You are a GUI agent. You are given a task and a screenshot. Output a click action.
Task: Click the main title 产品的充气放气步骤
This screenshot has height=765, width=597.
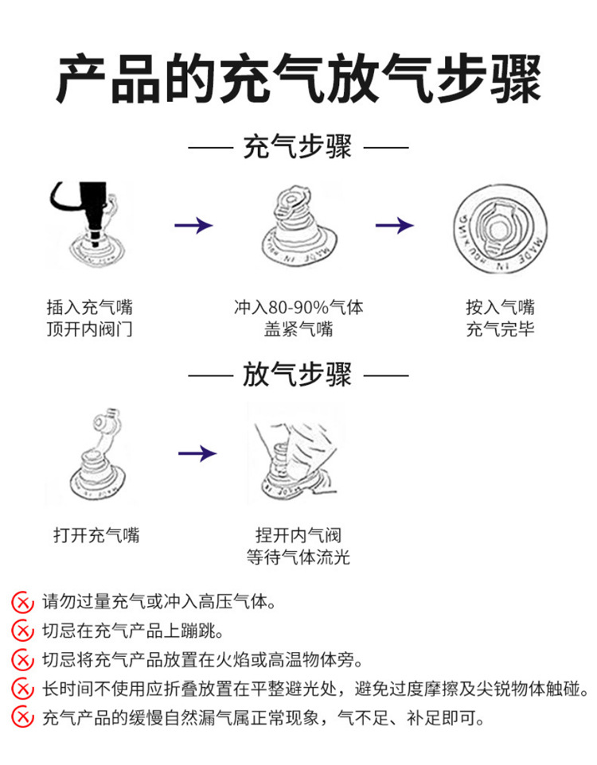point(298,78)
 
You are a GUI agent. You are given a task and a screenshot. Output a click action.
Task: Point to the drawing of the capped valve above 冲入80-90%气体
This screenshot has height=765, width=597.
point(296,226)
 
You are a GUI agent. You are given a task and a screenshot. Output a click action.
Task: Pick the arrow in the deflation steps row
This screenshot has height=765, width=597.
point(197,454)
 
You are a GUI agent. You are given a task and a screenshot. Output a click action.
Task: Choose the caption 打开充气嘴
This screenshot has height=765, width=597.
point(96,535)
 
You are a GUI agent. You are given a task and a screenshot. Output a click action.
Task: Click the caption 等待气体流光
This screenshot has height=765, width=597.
point(298,557)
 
